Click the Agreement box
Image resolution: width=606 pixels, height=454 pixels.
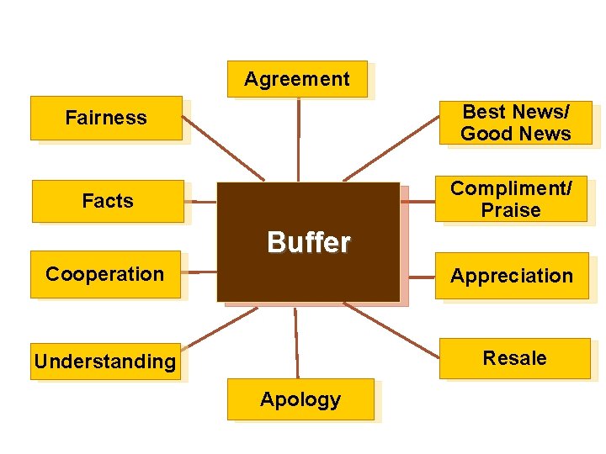(x=297, y=79)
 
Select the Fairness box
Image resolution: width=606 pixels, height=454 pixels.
(x=106, y=118)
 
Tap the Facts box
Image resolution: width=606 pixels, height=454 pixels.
(x=108, y=201)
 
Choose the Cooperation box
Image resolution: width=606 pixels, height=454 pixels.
(x=105, y=274)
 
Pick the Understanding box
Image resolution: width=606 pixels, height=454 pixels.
(x=105, y=362)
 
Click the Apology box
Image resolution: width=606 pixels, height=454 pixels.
(x=300, y=399)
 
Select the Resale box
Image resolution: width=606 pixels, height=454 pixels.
(x=514, y=358)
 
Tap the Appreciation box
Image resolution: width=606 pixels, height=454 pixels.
(x=512, y=276)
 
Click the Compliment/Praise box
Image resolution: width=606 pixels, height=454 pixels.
(x=511, y=199)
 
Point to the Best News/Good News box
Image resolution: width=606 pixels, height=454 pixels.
(x=515, y=123)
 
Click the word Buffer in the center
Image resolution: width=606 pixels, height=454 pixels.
(x=308, y=243)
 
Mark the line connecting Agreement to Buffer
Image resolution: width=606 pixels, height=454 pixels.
(x=299, y=139)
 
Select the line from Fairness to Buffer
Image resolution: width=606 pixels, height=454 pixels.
(x=223, y=148)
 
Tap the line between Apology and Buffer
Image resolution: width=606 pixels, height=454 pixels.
(x=296, y=343)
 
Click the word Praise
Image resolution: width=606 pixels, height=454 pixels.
(x=511, y=210)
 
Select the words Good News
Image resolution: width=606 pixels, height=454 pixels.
(x=515, y=134)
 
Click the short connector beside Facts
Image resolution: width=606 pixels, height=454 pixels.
(x=203, y=202)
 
